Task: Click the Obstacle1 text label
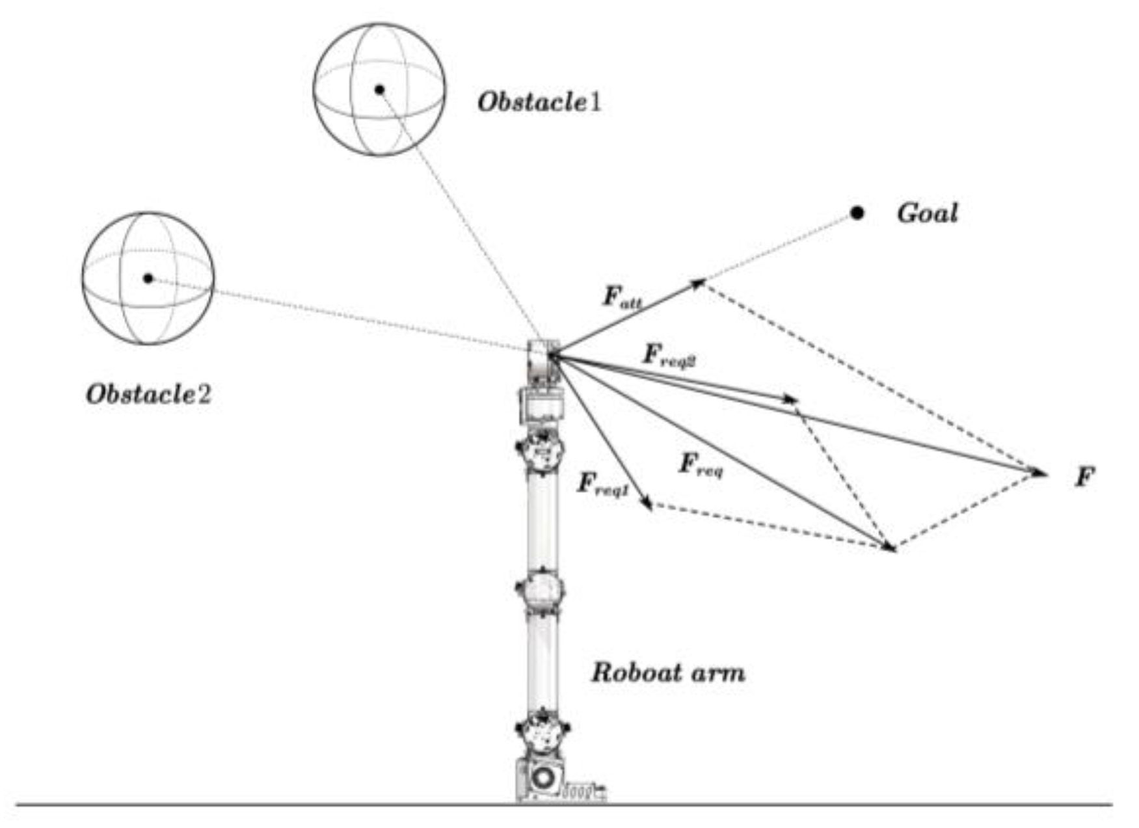(x=539, y=102)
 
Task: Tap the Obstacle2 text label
(x=148, y=394)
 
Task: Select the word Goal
(x=927, y=213)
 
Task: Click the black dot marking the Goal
(x=857, y=213)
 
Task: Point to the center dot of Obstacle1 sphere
(x=380, y=89)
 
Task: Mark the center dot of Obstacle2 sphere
(x=148, y=278)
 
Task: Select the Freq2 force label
(x=669, y=356)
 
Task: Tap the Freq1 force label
(x=602, y=485)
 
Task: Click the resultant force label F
(x=1084, y=477)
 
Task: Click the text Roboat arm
(x=667, y=673)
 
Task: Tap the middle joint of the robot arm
(x=540, y=589)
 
